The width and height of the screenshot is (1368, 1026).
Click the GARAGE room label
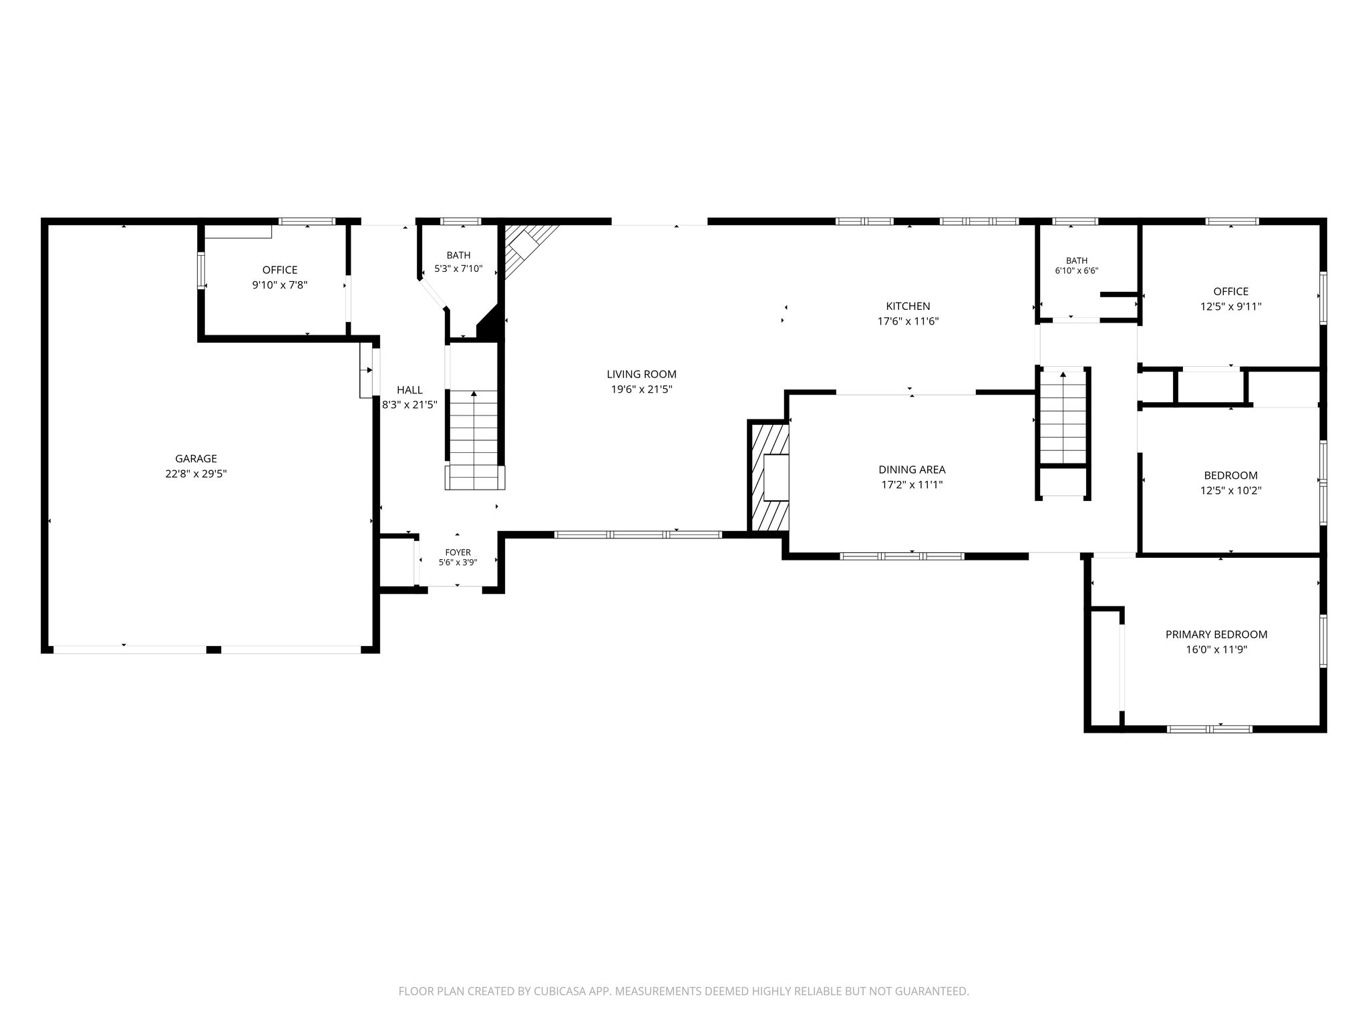point(196,459)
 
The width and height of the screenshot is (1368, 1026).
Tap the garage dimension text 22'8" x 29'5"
point(196,474)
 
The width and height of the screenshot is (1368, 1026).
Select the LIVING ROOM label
point(641,375)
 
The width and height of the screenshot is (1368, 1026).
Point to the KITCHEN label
point(908,307)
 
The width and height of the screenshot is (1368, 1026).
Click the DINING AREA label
point(912,470)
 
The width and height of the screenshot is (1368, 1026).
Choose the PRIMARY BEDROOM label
point(1216,635)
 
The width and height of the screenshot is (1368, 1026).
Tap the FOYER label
point(458,552)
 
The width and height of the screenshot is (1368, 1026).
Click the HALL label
point(409,390)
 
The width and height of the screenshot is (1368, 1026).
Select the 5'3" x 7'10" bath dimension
point(458,269)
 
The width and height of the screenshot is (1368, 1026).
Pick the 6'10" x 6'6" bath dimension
point(1077,271)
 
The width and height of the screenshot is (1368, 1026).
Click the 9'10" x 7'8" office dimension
point(280,285)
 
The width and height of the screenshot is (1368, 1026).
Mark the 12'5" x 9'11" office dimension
point(1230,307)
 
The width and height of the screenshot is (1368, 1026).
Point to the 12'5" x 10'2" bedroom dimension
point(1230,491)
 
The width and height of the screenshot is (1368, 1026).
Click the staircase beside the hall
point(474,440)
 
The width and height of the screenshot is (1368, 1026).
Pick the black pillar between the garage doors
point(214,649)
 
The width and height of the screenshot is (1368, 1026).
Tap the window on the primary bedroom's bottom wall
point(1210,729)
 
